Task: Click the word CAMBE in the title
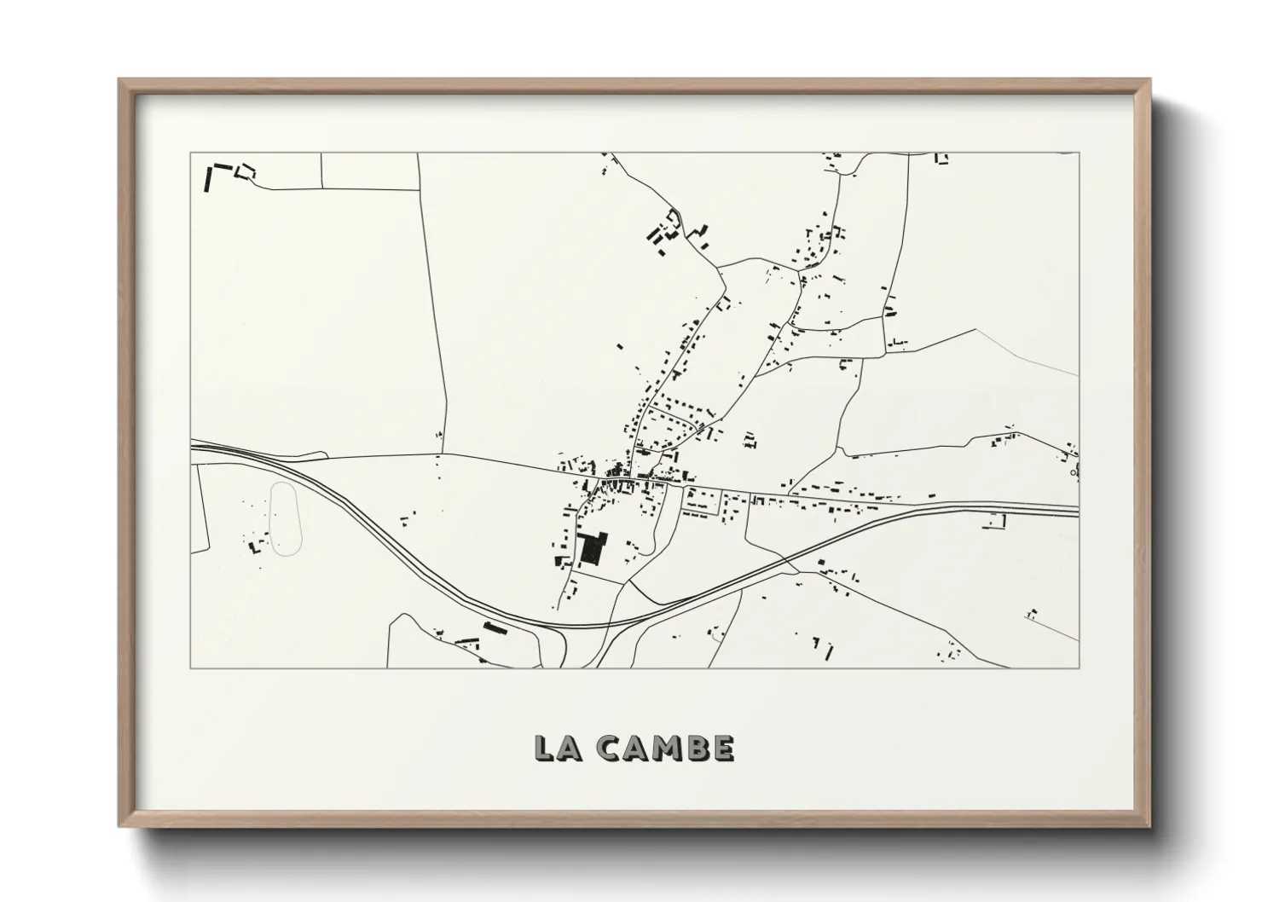665,748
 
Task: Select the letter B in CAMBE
696,748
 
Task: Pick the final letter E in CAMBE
721,748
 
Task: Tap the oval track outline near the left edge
287,519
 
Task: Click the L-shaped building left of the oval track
253,546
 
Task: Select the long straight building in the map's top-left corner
208,179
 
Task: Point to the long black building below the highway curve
495,628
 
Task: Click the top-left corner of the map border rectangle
190,153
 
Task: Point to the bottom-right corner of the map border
1080,668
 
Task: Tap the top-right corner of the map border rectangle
1080,153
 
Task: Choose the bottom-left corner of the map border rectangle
190,668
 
